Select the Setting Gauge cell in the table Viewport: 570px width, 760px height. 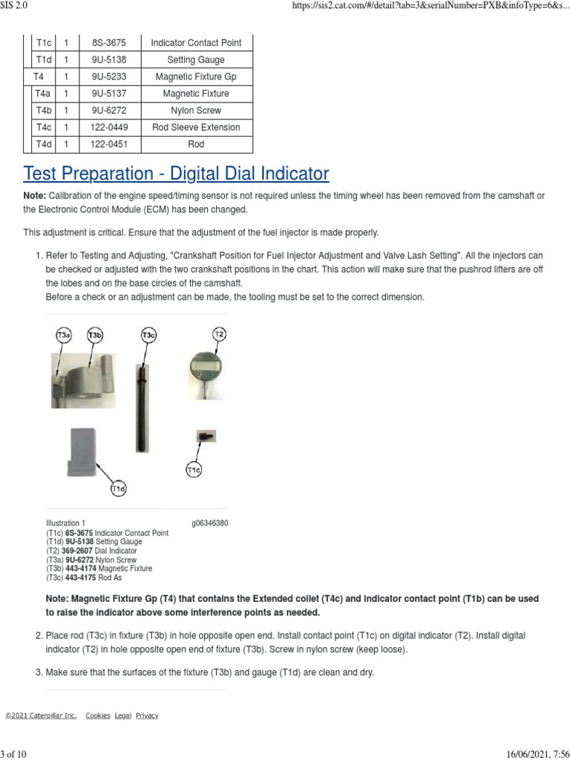[196, 60]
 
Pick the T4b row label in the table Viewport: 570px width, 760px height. [43, 111]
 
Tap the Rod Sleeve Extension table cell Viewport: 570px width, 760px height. [196, 128]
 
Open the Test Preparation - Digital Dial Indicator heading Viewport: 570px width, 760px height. [176, 174]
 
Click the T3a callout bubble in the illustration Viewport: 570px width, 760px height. [64, 336]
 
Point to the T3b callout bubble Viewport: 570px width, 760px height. [95, 336]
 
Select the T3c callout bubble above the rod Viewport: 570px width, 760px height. [148, 336]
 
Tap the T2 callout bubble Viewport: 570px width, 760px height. [219, 334]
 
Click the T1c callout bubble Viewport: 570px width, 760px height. [194, 470]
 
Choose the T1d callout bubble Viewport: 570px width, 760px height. [119, 488]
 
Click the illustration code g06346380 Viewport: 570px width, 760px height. [210, 523]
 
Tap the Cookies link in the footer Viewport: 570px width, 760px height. [98, 715]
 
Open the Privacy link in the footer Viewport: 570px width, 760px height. [147, 715]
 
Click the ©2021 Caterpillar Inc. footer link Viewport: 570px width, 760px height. [41, 715]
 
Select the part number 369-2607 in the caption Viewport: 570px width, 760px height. [80, 551]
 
